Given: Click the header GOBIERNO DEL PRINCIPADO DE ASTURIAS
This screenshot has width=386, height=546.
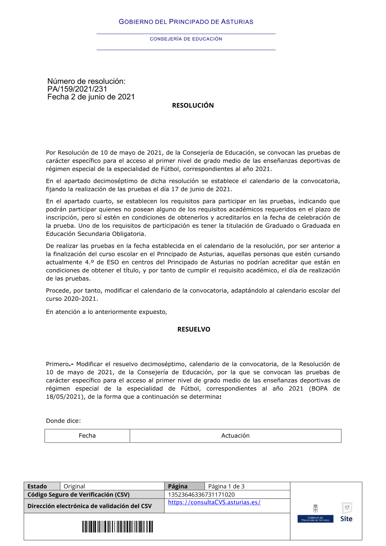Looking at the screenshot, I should point(186,22).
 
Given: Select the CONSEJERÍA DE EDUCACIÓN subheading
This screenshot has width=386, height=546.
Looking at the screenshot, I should point(186,39).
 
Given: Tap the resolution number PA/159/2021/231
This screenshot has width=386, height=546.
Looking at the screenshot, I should point(77,89).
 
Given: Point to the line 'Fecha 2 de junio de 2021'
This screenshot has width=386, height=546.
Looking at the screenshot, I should point(91,97).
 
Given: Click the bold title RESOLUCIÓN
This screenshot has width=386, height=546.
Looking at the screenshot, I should point(193,105).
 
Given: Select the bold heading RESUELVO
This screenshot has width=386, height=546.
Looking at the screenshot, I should point(193,329).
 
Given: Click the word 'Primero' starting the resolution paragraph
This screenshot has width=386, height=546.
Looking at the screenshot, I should point(57,364).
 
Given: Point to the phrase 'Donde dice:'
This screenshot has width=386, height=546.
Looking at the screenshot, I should point(63,421).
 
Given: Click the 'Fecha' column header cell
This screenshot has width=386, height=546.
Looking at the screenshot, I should point(87,436).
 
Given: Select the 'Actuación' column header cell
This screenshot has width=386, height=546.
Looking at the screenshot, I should point(235,436).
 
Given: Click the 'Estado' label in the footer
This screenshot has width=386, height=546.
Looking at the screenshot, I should point(37,487).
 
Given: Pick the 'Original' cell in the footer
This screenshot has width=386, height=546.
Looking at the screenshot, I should point(74,487).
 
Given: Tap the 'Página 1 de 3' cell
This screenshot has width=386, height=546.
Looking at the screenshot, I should point(226,487).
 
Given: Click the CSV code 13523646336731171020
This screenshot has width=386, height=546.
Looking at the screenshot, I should point(201,495).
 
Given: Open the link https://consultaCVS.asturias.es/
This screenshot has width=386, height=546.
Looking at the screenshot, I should point(214,502).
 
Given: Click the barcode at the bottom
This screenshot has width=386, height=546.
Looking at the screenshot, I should point(117,527).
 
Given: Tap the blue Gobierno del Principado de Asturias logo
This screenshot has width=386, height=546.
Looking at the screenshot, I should point(315,519).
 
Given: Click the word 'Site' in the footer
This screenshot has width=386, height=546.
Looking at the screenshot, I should point(346,519).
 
